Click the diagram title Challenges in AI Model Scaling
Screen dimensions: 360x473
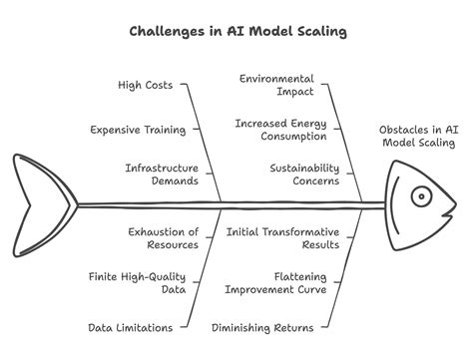click(236, 31)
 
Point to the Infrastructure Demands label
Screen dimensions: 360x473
click(162, 175)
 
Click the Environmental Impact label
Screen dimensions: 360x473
click(276, 85)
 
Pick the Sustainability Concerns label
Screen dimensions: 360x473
click(303, 175)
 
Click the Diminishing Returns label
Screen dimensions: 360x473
click(262, 327)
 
